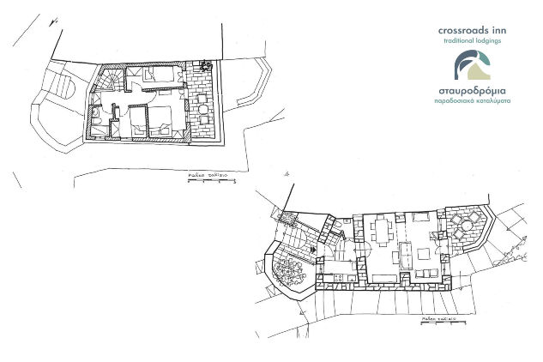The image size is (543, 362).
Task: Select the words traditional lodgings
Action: pos(474,40)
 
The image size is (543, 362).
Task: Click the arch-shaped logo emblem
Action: pos(473,65)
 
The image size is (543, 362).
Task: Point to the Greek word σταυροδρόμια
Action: pos(474,89)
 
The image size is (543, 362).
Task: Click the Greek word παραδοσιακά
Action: pos(455,100)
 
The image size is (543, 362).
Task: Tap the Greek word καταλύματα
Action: pos(494,100)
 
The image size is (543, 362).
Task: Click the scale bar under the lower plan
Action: pos(437,323)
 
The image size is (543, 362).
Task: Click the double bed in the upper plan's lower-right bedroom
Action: pos(160,123)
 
